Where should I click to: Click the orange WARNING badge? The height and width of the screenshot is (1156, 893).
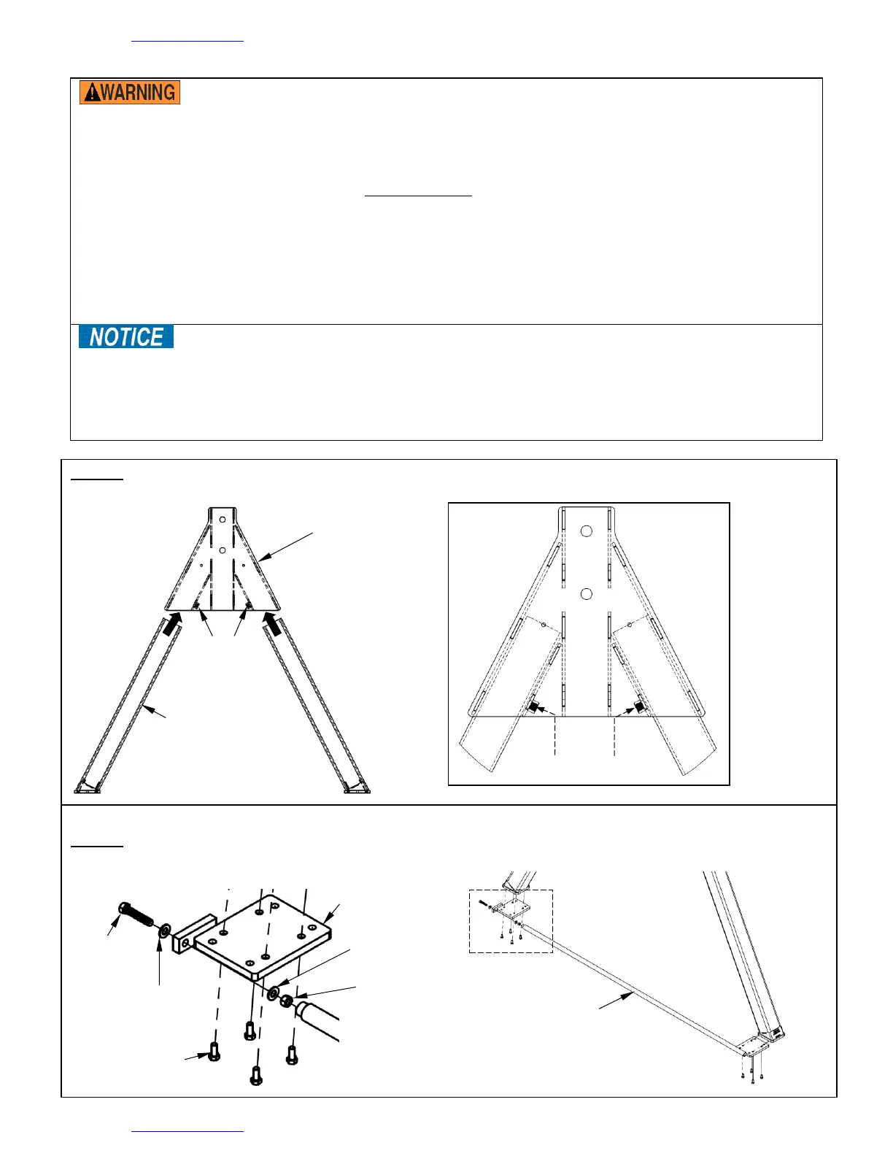[130, 92]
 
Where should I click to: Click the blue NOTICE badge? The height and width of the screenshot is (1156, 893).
[126, 336]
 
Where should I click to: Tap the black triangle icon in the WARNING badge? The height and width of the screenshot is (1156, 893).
[93, 93]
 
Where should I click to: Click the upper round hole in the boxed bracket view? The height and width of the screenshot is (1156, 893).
[586, 531]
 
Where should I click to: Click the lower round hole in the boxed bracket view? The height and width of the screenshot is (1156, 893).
[586, 594]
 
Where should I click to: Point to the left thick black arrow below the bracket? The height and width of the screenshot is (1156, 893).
[171, 623]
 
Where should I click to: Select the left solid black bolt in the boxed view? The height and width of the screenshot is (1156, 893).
[532, 707]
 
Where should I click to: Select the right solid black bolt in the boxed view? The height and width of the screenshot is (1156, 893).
[639, 707]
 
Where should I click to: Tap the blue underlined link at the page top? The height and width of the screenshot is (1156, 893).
[188, 41]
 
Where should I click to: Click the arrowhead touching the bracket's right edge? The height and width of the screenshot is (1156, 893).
[264, 556]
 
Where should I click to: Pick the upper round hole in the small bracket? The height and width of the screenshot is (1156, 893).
[223, 520]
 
